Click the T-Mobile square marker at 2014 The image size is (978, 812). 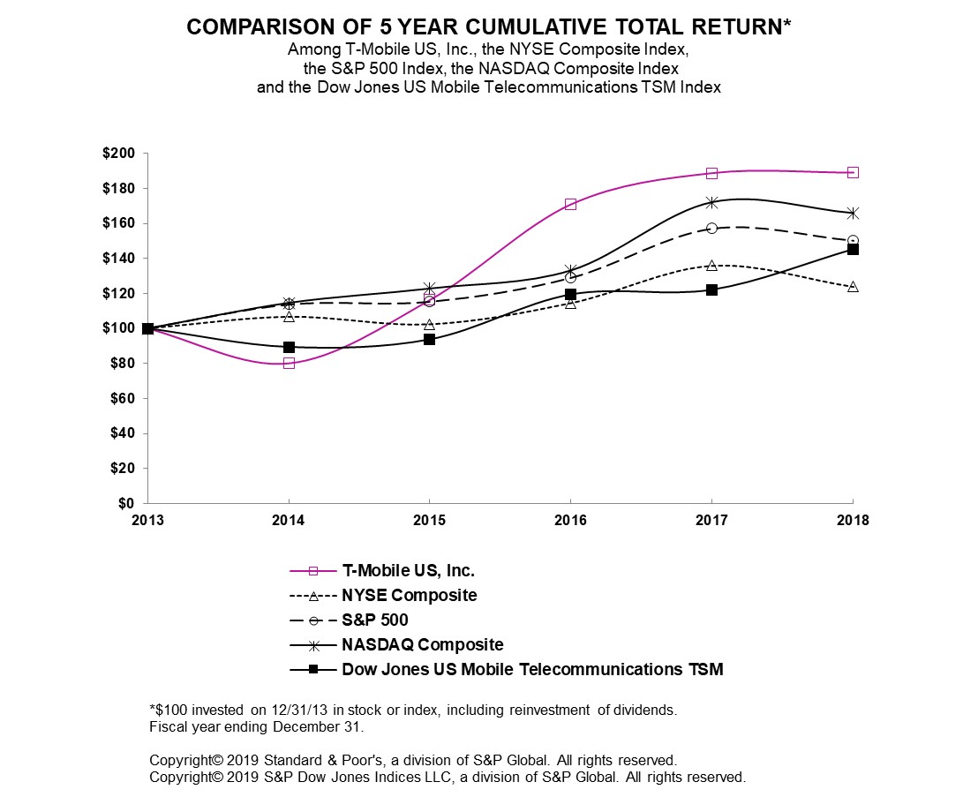pyautogui.click(x=289, y=363)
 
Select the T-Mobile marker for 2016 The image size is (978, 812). pyautogui.click(x=570, y=204)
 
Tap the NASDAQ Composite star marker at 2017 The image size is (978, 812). pyautogui.click(x=711, y=202)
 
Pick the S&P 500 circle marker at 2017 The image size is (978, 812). pyautogui.click(x=711, y=228)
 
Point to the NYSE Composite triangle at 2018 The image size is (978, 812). pyautogui.click(x=853, y=287)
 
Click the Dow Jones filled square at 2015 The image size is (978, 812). pyautogui.click(x=429, y=339)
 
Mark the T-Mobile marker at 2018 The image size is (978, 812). pyautogui.click(x=853, y=172)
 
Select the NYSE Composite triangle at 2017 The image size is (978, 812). pyautogui.click(x=711, y=266)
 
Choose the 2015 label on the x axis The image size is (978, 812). pyautogui.click(x=429, y=521)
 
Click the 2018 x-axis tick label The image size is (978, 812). pyautogui.click(x=853, y=521)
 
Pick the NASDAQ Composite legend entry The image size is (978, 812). pyautogui.click(x=422, y=644)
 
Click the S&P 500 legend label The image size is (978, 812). pyautogui.click(x=374, y=620)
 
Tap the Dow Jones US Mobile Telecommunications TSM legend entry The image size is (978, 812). pyautogui.click(x=531, y=669)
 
